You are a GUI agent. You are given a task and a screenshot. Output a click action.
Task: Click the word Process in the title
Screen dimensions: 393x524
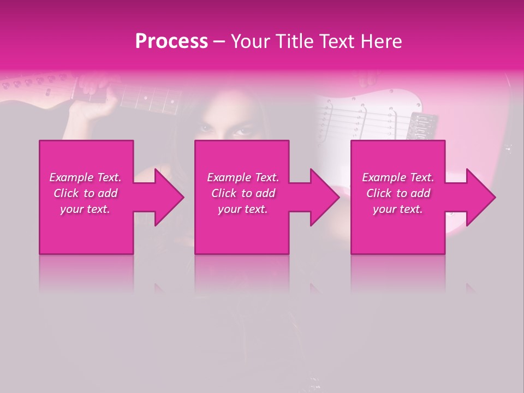click(171, 41)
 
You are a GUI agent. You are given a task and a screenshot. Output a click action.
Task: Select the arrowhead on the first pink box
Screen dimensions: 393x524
click(169, 197)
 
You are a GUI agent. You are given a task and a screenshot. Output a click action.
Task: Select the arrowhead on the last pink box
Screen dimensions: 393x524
click(480, 197)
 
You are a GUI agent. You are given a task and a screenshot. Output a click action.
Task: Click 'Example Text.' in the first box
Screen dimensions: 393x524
click(85, 177)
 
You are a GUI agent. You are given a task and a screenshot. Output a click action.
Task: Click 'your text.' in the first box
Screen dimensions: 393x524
click(85, 209)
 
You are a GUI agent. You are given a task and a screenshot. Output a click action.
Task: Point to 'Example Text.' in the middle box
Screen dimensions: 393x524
click(243, 177)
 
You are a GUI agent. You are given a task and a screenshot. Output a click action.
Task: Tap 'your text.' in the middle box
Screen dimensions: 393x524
click(243, 209)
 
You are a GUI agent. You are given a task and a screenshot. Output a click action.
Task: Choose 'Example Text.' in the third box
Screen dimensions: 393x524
click(398, 177)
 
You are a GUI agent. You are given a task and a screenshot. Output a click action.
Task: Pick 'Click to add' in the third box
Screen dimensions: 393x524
click(398, 193)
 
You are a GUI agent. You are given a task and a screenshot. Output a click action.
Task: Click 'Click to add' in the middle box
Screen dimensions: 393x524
click(243, 193)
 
